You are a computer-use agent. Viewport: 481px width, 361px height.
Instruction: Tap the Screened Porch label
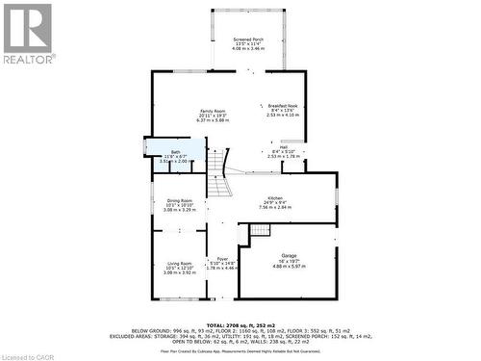click(x=248, y=39)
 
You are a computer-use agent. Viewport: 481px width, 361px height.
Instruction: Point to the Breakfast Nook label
click(x=284, y=105)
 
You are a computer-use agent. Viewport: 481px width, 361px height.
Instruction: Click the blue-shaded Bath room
click(x=174, y=153)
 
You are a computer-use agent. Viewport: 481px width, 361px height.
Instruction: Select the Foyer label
click(x=221, y=258)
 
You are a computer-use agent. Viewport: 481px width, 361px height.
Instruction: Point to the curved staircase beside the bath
click(x=220, y=173)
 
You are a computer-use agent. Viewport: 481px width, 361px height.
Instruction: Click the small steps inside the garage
click(x=260, y=230)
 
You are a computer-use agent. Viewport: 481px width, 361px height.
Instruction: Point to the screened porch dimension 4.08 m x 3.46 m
click(x=248, y=49)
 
